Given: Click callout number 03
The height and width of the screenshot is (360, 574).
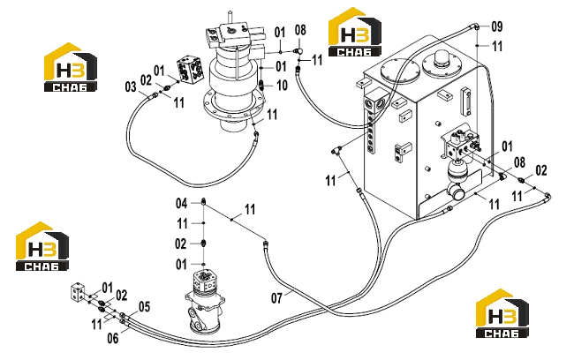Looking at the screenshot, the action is pos(131,87).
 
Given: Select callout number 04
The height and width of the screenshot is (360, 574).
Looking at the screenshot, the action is pos(182,203).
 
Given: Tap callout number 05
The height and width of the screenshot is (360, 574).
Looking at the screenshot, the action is pos(144,306).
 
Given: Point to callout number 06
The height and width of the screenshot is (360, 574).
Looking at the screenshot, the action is pos(113,338).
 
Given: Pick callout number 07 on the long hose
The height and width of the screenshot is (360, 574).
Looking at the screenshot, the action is pos(276,298).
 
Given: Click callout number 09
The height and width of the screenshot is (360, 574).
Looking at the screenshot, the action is pos(497,26).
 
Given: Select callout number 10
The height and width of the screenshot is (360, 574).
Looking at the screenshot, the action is pos(282,86).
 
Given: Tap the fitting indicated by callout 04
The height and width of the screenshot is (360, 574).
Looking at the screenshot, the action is pos(203,201).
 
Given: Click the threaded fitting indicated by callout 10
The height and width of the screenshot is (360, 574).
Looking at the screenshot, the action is pos(262,85).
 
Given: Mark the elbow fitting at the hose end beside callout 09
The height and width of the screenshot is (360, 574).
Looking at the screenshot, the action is pos(476,26).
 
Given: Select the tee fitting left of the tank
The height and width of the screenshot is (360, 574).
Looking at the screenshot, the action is pos(336,149).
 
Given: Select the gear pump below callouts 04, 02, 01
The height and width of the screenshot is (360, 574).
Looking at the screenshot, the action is pos(205,301).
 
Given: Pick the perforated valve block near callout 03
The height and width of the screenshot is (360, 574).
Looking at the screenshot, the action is pos(190,71).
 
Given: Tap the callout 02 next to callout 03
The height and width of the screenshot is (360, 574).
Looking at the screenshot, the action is pos(146,80).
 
